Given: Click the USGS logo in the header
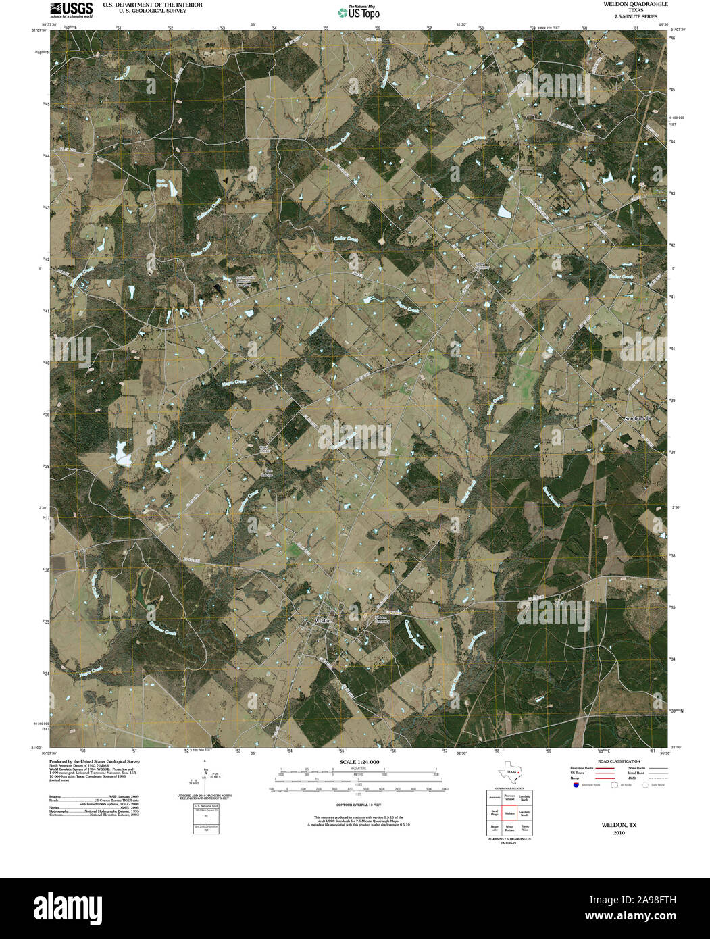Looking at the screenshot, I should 71,8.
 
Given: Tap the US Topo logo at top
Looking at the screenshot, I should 358,11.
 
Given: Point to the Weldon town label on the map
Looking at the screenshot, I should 322,620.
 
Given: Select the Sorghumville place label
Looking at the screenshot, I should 638,419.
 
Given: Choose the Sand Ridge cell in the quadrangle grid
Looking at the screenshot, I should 495,812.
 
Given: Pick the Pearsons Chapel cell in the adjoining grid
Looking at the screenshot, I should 509,797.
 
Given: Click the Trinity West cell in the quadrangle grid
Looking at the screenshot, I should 525,827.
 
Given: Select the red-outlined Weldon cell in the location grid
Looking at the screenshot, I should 509,812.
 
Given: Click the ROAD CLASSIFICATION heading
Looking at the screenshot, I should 615,761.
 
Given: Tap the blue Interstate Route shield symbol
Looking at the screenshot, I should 575,786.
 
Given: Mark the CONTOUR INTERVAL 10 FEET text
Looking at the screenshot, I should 359,805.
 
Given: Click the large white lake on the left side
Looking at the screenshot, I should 122,453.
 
